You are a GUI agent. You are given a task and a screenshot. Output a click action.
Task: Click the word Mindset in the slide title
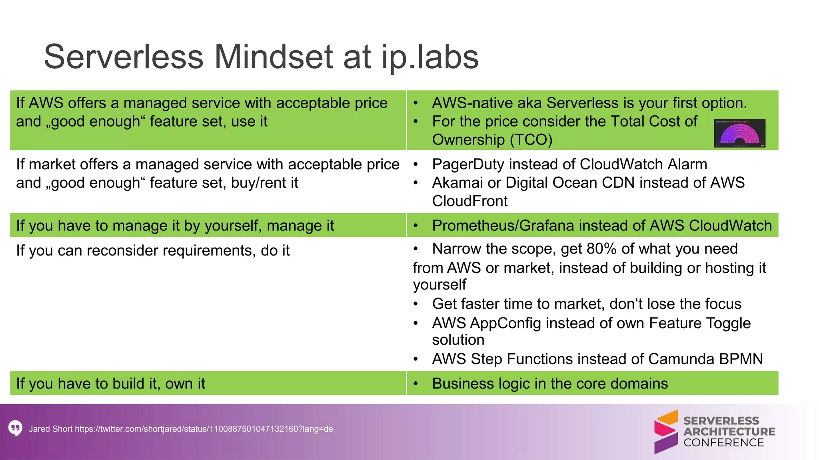pyautogui.click(x=273, y=57)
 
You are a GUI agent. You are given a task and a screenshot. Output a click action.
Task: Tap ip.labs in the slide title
pyautogui.click(x=430, y=57)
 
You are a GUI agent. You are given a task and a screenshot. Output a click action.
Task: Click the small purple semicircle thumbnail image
pyautogui.click(x=739, y=133)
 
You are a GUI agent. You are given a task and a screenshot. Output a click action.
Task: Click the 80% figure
pyautogui.click(x=601, y=249)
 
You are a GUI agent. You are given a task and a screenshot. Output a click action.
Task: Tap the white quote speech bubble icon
pyautogui.click(x=15, y=428)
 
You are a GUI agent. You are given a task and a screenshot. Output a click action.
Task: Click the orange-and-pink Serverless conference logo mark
pyautogui.click(x=666, y=432)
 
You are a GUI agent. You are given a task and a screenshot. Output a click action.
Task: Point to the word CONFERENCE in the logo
pyautogui.click(x=723, y=443)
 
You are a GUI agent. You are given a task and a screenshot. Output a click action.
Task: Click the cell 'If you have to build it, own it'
pyautogui.click(x=111, y=384)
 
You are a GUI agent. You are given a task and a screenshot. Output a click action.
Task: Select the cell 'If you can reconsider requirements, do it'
pyautogui.click(x=153, y=251)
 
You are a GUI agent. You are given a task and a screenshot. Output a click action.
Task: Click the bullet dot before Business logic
pyautogui.click(x=415, y=384)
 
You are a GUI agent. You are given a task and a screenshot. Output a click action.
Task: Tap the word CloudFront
pyautogui.click(x=469, y=201)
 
